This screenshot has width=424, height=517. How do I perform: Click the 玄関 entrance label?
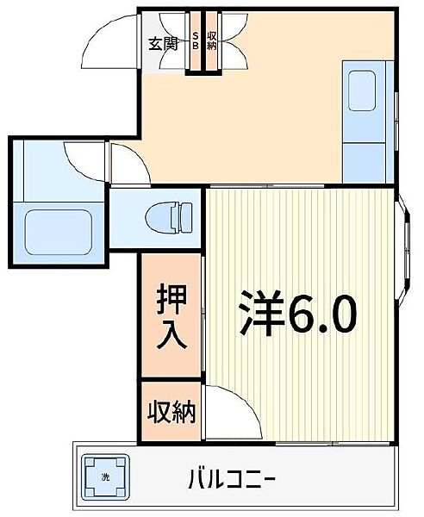(x=162, y=43)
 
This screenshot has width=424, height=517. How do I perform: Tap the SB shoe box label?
(x=196, y=40)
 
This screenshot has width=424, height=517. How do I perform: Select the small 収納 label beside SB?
(x=212, y=40)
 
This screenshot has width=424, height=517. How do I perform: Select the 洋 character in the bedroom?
(x=261, y=316)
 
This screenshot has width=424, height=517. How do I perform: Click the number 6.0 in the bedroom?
(x=321, y=316)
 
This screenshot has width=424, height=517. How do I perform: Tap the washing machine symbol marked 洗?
(x=106, y=476)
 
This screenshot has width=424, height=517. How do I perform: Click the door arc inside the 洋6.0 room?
(x=238, y=409)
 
